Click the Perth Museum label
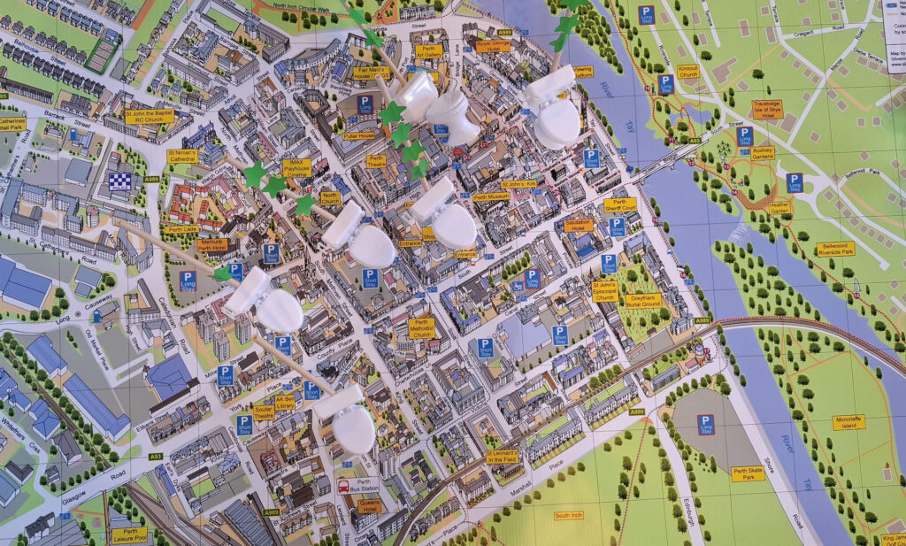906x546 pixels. point(491,197)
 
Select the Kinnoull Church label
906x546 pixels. point(688,70)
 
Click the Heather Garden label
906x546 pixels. point(779,208)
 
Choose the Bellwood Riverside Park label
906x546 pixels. point(836,249)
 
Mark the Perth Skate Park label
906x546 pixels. point(749,473)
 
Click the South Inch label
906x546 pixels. point(568,515)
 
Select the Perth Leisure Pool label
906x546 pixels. point(129,534)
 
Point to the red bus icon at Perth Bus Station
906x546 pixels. point(343,485)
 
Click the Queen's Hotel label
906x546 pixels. point(368,507)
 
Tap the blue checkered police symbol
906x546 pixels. point(119,181)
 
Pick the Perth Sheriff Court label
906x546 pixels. point(620,204)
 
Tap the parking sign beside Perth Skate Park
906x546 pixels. point(705,424)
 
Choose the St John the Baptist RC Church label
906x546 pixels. point(148,118)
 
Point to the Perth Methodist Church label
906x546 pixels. point(421,329)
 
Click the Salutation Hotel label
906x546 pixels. point(579,226)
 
